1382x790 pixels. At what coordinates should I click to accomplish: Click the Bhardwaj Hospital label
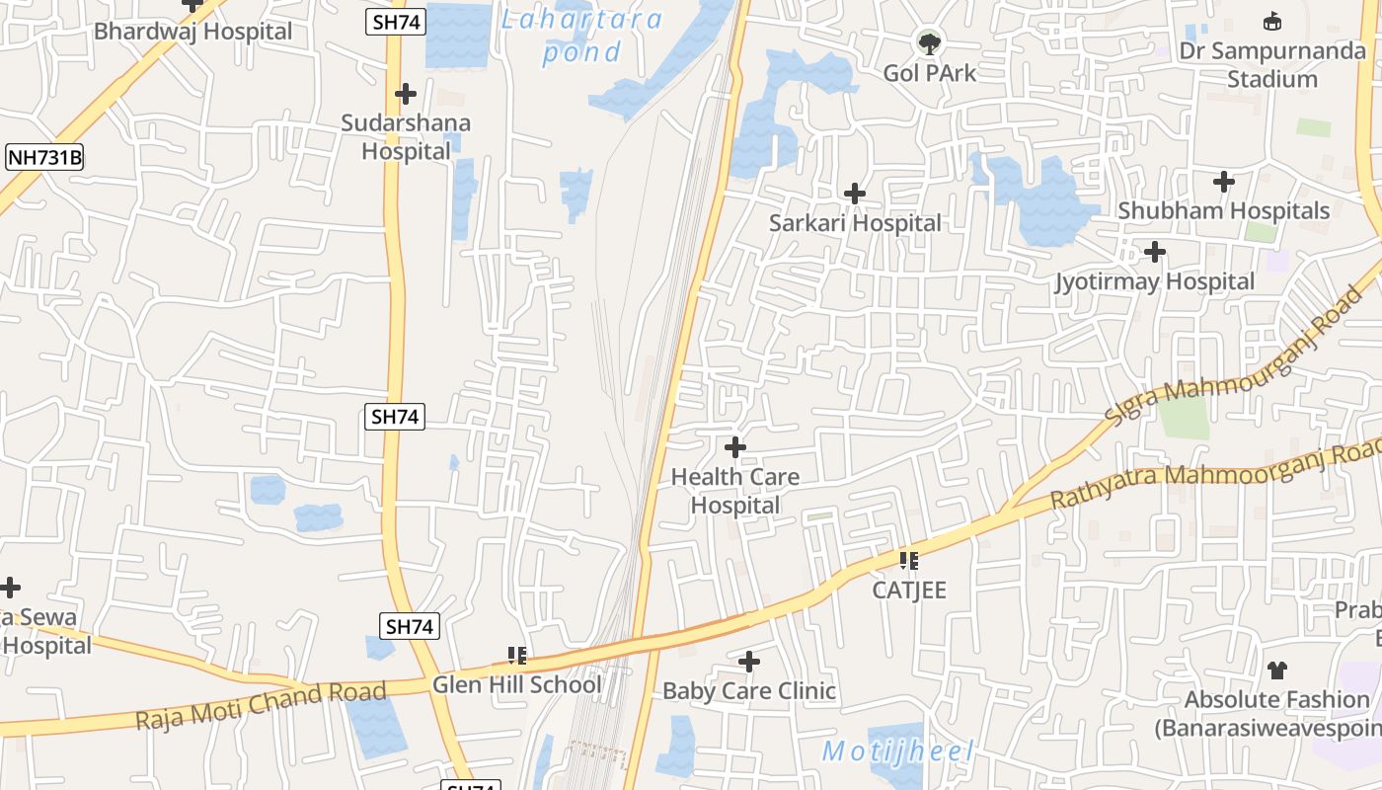tap(192, 31)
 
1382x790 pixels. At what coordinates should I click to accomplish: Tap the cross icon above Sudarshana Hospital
tap(406, 94)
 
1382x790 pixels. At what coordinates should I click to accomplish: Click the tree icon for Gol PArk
tap(929, 42)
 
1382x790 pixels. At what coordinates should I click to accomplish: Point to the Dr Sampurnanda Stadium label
tap(1272, 64)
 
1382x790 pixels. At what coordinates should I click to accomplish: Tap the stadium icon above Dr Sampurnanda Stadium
tap(1272, 22)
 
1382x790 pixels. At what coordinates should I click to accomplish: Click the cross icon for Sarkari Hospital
tap(855, 194)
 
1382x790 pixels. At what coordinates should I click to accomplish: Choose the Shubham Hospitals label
tap(1223, 210)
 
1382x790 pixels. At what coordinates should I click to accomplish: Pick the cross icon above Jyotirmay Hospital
tap(1155, 252)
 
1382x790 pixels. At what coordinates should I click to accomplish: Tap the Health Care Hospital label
tap(735, 491)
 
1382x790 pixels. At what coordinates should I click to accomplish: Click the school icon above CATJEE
tap(909, 561)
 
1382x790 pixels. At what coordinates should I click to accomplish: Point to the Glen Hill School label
tap(516, 684)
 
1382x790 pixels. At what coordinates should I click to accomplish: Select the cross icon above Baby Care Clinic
tap(749, 661)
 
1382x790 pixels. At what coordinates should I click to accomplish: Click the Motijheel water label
tap(898, 751)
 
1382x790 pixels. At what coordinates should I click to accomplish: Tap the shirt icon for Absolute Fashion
tap(1277, 671)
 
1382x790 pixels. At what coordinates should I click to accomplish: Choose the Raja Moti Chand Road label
tap(261, 705)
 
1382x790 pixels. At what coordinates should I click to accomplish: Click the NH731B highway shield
tap(44, 157)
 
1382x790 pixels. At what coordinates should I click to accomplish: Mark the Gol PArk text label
tap(929, 72)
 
